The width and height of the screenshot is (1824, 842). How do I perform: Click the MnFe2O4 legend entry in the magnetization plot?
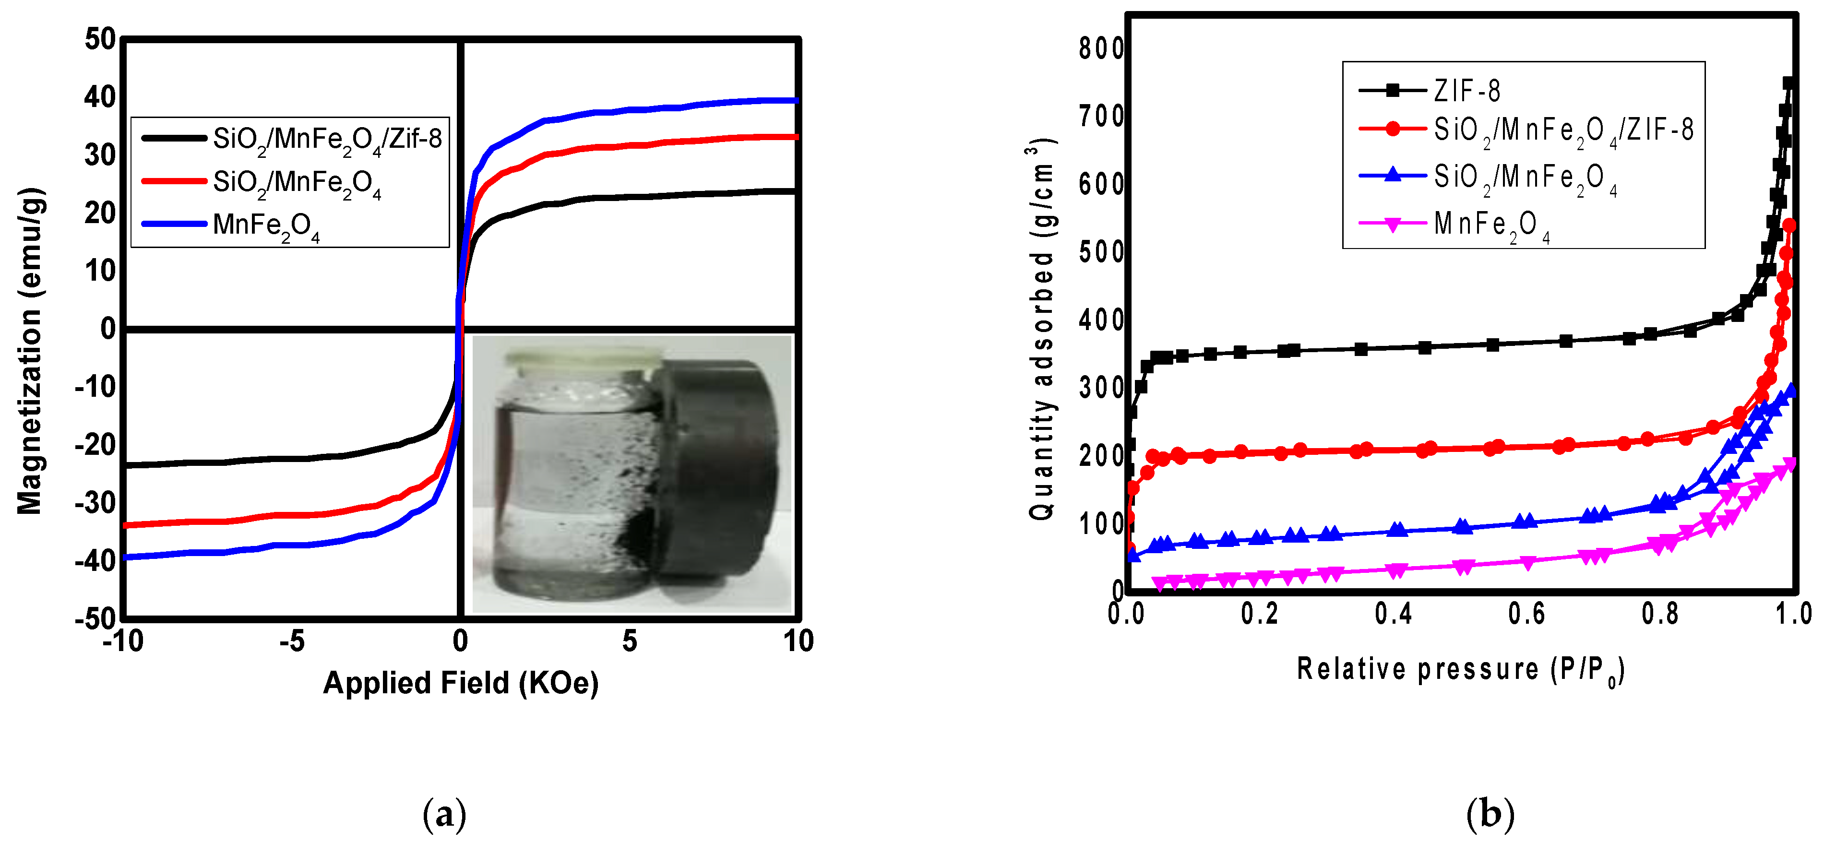(x=265, y=225)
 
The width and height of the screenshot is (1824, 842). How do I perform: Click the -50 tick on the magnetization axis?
(x=95, y=618)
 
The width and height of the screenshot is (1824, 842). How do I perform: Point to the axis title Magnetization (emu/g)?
(x=30, y=351)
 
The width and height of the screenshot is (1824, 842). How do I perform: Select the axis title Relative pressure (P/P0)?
(x=1460, y=669)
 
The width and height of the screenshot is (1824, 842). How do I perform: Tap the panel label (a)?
(x=444, y=814)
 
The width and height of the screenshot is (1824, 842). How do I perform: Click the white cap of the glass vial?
(x=584, y=360)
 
